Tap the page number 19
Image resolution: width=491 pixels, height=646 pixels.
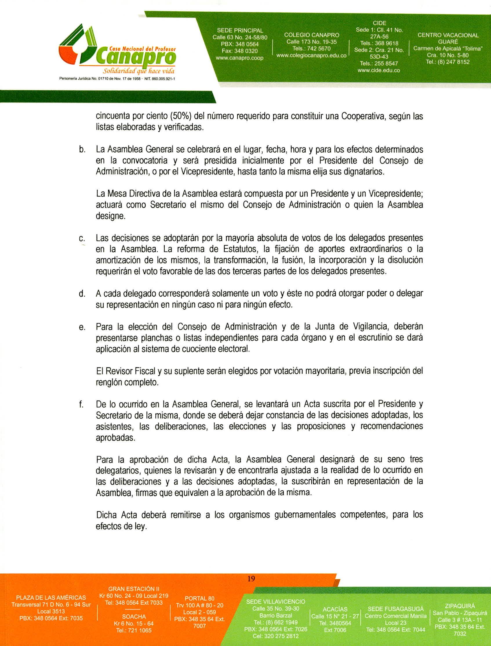point(251,578)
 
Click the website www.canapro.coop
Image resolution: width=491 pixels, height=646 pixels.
point(239,58)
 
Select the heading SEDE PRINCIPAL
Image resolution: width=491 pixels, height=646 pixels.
point(240,30)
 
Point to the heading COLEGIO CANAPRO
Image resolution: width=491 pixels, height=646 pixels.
point(312,35)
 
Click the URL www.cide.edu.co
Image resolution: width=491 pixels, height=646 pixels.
point(379,70)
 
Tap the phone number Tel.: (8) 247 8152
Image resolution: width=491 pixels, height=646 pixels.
point(448,62)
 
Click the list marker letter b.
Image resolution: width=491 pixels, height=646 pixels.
point(82,150)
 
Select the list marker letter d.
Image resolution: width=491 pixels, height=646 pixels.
point(82,294)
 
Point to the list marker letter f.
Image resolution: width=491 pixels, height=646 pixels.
point(81,405)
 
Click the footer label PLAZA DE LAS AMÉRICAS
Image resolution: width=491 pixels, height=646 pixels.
point(51,598)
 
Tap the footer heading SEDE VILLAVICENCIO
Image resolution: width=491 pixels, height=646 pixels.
point(275,602)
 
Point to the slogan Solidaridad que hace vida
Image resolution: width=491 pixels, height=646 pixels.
point(139,71)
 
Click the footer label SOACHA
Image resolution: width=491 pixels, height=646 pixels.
point(134,616)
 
